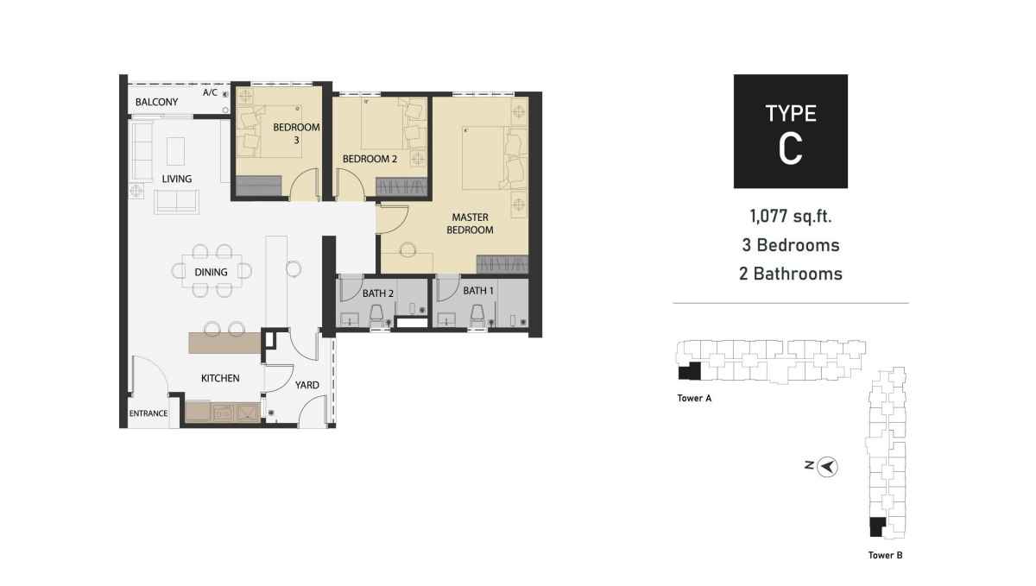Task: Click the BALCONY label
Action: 156,102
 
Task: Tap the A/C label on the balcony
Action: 210,92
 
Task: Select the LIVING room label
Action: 177,179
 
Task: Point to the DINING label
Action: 211,273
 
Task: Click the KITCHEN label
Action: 220,378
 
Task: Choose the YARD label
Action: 307,385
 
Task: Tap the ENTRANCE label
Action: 148,413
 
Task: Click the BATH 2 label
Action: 378,293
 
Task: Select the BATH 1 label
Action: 478,291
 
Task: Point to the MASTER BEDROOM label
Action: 470,224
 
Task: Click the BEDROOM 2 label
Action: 370,159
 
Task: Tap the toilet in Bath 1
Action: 477,317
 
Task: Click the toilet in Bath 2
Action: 376,317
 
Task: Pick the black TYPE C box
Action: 791,131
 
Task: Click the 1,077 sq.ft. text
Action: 791,217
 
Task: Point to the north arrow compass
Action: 827,467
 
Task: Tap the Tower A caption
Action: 694,398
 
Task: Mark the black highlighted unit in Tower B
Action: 877,527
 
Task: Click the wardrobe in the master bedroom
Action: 502,264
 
